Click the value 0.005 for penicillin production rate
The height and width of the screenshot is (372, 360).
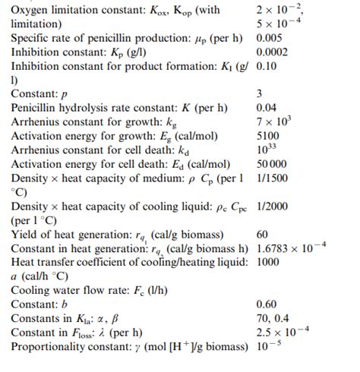click(271, 37)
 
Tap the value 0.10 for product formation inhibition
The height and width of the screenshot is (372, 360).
click(267, 65)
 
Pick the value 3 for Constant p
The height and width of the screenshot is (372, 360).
click(260, 93)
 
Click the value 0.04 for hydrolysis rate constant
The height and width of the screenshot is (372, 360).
click(267, 108)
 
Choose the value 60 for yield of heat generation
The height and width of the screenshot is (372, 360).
click(264, 234)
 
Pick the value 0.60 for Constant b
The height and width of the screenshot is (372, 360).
click(267, 304)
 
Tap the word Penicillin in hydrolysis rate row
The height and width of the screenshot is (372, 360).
click(38, 108)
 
